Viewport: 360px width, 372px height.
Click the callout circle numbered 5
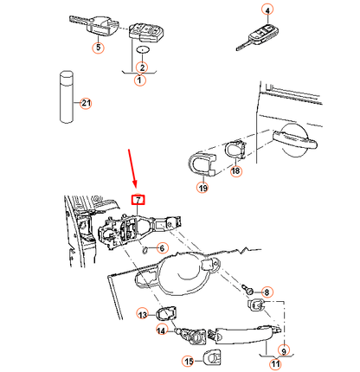[x=98, y=47]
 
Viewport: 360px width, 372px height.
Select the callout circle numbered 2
[x=142, y=67]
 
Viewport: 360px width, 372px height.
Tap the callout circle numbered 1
[x=140, y=80]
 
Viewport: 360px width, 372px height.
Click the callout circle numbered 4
[x=267, y=11]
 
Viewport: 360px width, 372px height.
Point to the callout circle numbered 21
[x=85, y=104]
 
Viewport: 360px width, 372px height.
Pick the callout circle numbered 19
[x=203, y=187]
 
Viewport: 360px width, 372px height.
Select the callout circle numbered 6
[x=161, y=248]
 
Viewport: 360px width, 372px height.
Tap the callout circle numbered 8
[x=267, y=293]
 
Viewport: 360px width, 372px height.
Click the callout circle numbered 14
[x=161, y=330]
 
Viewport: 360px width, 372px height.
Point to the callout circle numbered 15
[x=186, y=360]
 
